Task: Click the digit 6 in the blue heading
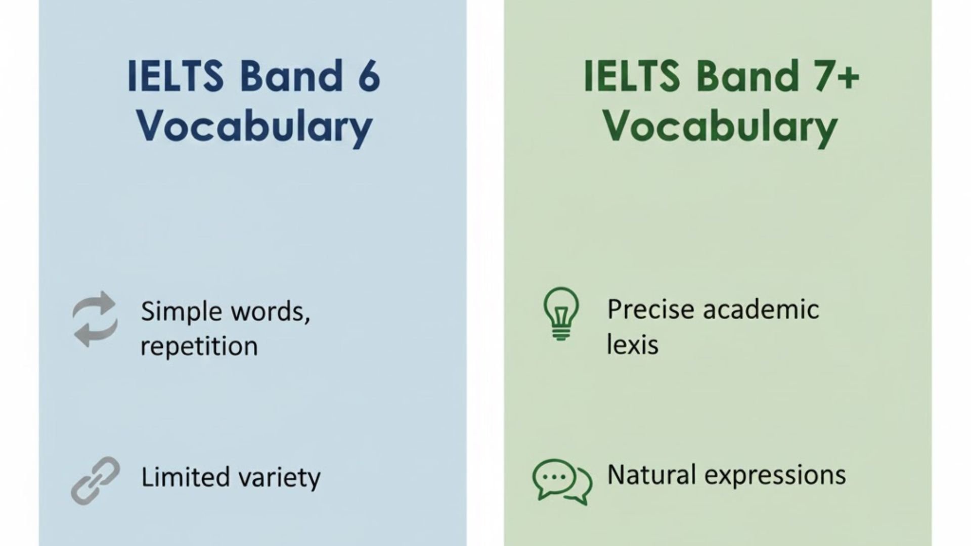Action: (x=368, y=76)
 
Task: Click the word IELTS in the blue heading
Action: (x=175, y=76)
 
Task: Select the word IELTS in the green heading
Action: (x=632, y=76)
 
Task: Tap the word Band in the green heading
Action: (x=747, y=76)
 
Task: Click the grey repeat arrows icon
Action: (x=95, y=319)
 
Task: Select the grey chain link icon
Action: (x=95, y=480)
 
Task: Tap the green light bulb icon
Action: (x=561, y=313)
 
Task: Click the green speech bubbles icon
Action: (x=562, y=481)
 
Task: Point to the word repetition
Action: (x=199, y=347)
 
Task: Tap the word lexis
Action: (x=632, y=345)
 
